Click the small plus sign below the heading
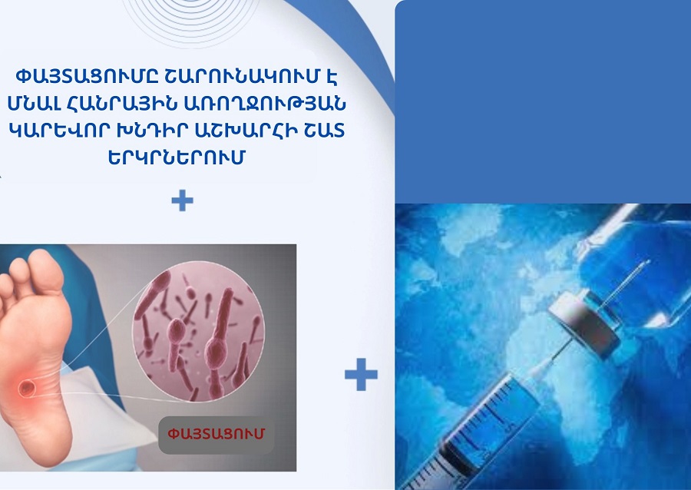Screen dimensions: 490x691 183,201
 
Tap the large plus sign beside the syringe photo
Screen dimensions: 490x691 360,376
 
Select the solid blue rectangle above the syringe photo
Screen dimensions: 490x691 543,100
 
